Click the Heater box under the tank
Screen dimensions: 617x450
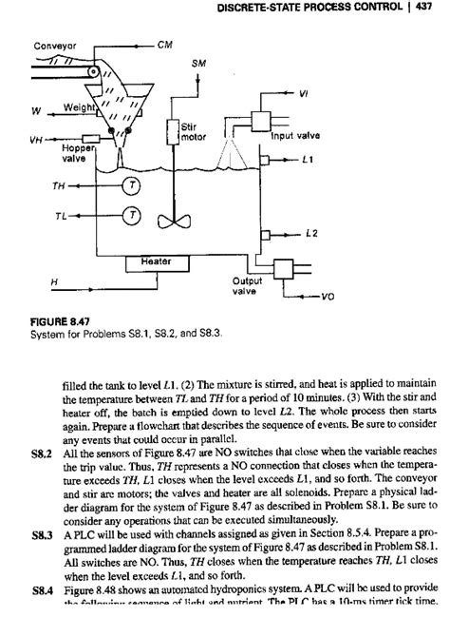tap(155, 260)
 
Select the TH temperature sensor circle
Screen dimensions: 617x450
tap(132, 185)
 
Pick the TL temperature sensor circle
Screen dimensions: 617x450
tap(132, 215)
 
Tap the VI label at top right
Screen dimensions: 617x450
tap(329, 93)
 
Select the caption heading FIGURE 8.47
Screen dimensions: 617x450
tap(60, 321)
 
